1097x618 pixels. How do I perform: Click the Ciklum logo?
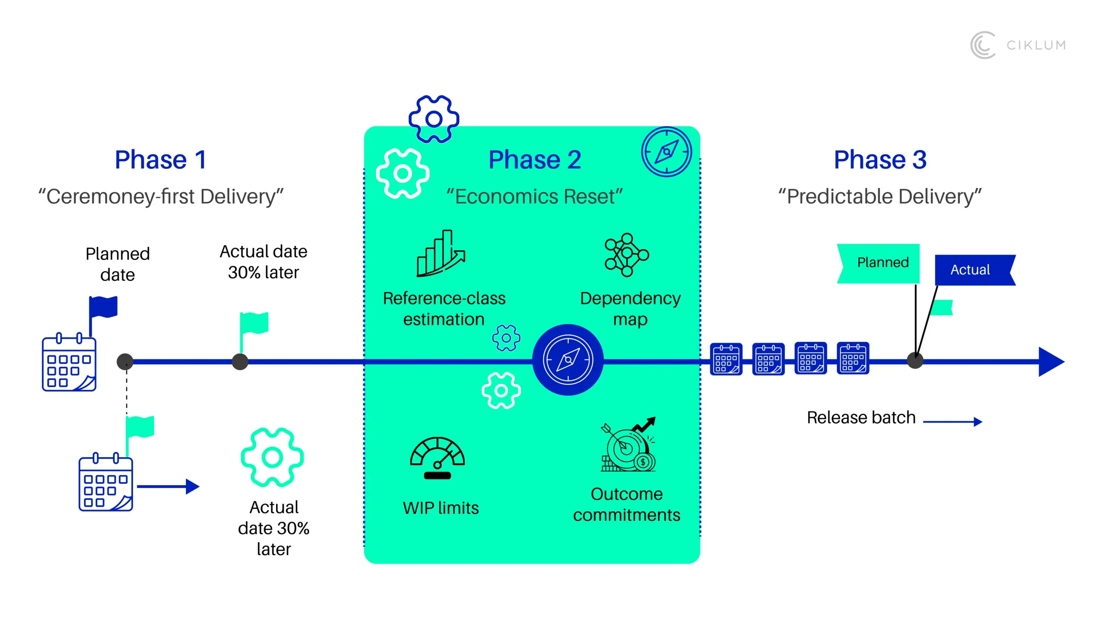coord(1018,45)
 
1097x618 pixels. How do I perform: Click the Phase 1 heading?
coord(161,160)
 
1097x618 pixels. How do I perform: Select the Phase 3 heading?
coord(880,160)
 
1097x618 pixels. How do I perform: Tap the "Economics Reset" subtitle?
coord(534,197)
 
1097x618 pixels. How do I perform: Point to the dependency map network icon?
coord(626,255)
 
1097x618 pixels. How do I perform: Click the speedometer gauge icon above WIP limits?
coord(438,458)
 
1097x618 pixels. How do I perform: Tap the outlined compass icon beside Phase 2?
coord(666,151)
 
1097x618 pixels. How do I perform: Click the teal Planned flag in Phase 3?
coord(878,264)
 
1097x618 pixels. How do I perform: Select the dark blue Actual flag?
coord(975,270)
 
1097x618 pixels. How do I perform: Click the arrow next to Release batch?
coord(953,422)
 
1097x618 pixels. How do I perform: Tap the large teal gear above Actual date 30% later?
coord(273,457)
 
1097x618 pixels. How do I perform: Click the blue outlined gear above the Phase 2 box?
coord(434,119)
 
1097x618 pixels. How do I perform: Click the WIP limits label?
coord(441,508)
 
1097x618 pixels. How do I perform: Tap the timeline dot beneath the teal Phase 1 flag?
coord(240,362)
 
